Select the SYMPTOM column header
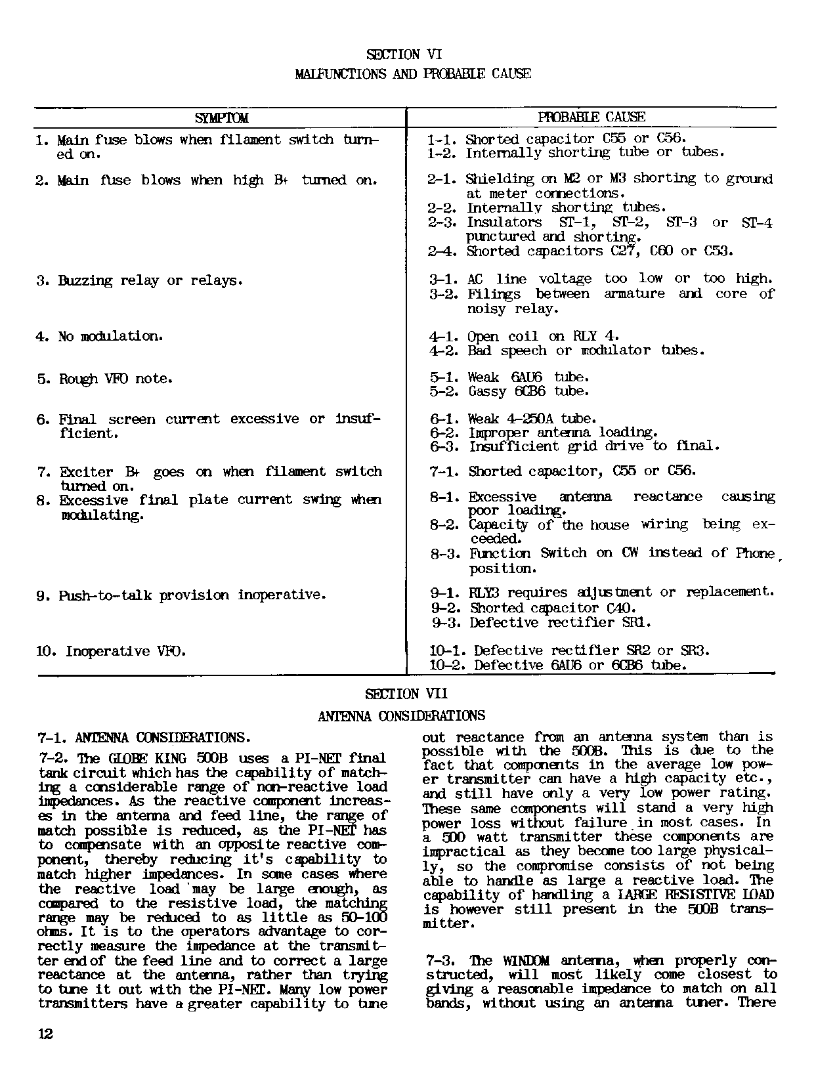[222, 118]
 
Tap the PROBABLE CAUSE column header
[591, 117]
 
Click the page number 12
[45, 1034]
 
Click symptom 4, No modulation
[98, 337]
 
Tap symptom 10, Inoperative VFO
[111, 651]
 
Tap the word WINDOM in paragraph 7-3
[526, 961]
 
